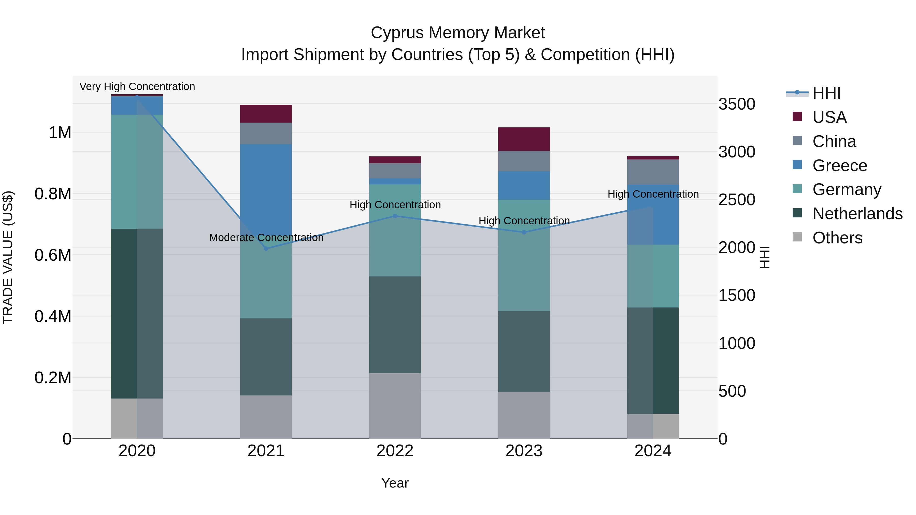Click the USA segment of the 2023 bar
pyautogui.click(x=524, y=139)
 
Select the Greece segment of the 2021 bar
pyautogui.click(x=266, y=185)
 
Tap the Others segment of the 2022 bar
pyautogui.click(x=395, y=406)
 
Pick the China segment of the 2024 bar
pyautogui.click(x=653, y=172)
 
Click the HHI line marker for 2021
pyautogui.click(x=266, y=248)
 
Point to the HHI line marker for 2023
pyautogui.click(x=524, y=232)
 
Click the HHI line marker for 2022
pyautogui.click(x=395, y=216)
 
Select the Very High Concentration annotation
pyautogui.click(x=137, y=86)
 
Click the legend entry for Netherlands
pyautogui.click(x=857, y=214)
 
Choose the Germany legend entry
pyautogui.click(x=847, y=189)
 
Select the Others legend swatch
pyautogui.click(x=797, y=237)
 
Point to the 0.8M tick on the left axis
pyautogui.click(x=53, y=194)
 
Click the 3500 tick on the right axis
pyautogui.click(x=736, y=104)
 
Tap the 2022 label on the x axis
pyautogui.click(x=395, y=451)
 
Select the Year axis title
pyautogui.click(x=395, y=483)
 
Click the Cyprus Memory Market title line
pyautogui.click(x=458, y=33)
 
